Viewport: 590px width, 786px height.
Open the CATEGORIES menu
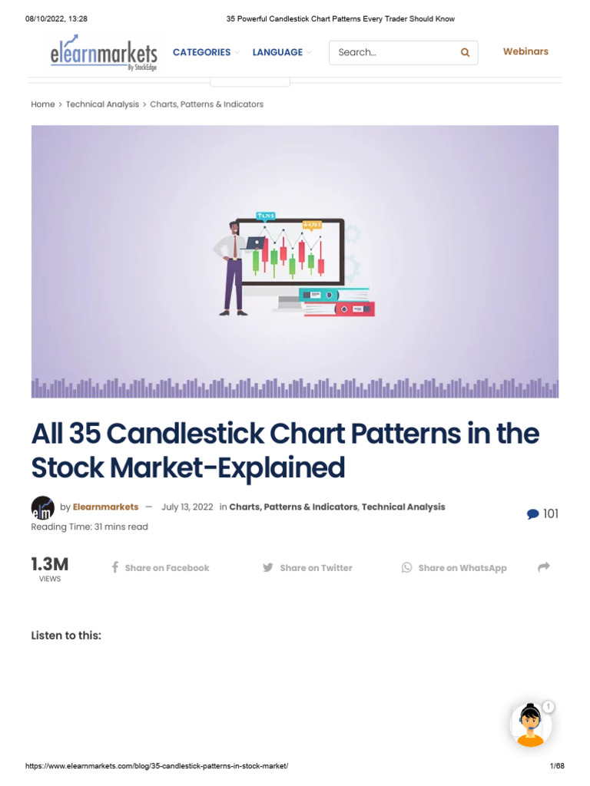(202, 52)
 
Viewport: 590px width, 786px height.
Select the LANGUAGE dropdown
(277, 52)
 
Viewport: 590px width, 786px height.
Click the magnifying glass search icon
(465, 52)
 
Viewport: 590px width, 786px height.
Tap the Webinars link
(525, 51)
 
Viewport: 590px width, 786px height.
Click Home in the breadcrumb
(43, 104)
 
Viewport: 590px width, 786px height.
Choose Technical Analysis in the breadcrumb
(102, 104)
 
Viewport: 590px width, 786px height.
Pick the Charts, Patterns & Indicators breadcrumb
(207, 104)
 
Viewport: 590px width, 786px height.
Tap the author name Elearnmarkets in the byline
(105, 507)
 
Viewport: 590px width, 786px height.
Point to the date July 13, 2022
(187, 507)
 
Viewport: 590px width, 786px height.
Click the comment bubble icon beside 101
(532, 514)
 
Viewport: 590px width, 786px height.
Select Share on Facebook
(160, 568)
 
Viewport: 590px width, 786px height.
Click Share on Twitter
(307, 568)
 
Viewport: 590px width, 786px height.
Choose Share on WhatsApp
(454, 568)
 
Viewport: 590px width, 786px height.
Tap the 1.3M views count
(50, 565)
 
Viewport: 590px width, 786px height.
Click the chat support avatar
(531, 724)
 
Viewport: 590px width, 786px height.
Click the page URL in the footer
(157, 767)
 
